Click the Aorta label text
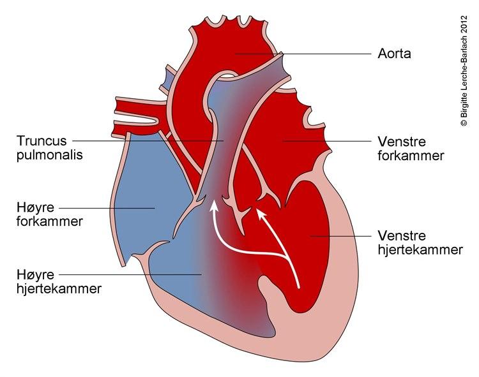pyautogui.click(x=394, y=54)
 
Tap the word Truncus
pyautogui.click(x=42, y=141)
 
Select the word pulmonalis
pyautogui.click(x=49, y=155)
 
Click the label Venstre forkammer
pyautogui.click(x=411, y=149)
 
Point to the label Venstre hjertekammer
pyautogui.click(x=420, y=242)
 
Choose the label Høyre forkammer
pyautogui.click(x=49, y=214)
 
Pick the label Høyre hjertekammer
pyautogui.click(x=59, y=281)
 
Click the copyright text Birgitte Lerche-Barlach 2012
pyautogui.click(x=464, y=71)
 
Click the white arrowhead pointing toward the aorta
pyautogui.click(x=261, y=213)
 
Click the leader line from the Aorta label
pyautogui.click(x=303, y=54)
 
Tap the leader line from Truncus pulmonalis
pyautogui.click(x=148, y=141)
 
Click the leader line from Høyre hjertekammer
pyautogui.click(x=130, y=274)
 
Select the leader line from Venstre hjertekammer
pyautogui.click(x=340, y=236)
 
